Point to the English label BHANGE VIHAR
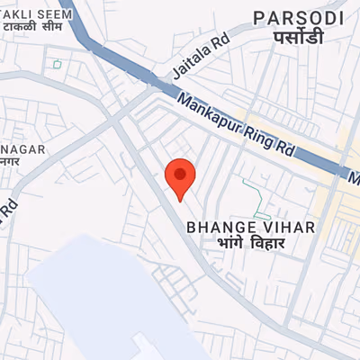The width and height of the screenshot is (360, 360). (x=250, y=228)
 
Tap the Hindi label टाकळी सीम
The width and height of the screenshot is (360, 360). (x=34, y=29)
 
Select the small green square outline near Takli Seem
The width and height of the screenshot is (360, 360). (x=57, y=64)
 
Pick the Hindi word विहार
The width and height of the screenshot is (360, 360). (x=266, y=244)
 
